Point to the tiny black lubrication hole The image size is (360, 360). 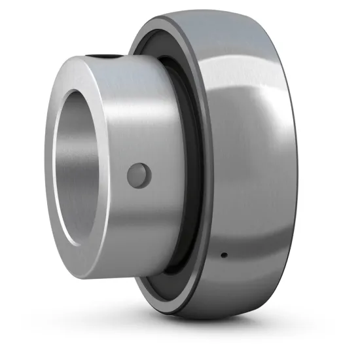[223, 254]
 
